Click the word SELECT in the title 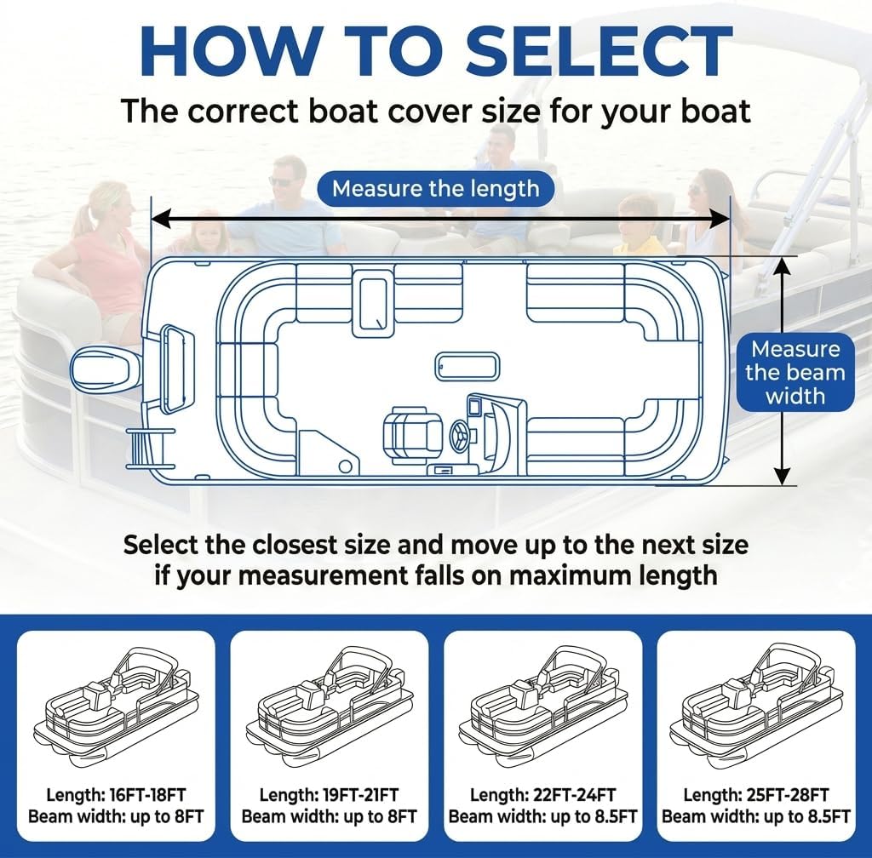(x=598, y=53)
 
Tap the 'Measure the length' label (x=435, y=188)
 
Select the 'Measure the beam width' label (x=795, y=372)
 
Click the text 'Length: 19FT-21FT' (x=329, y=795)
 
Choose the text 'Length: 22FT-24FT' (x=542, y=795)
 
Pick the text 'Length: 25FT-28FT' (x=756, y=795)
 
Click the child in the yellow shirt (x=639, y=226)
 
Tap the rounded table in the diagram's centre (x=467, y=366)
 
